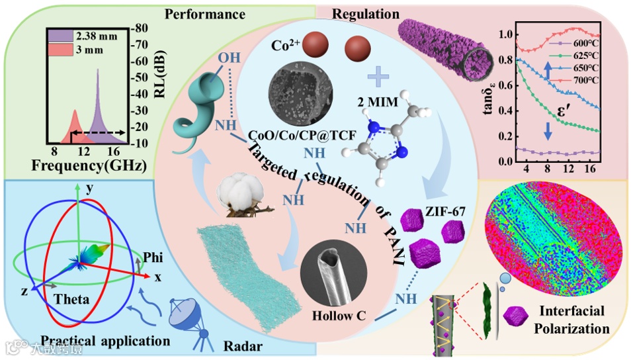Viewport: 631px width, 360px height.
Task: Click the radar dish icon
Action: (x=188, y=319)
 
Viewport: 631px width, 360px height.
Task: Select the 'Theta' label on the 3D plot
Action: (x=71, y=299)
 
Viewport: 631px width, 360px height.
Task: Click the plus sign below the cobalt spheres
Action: (x=377, y=77)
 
